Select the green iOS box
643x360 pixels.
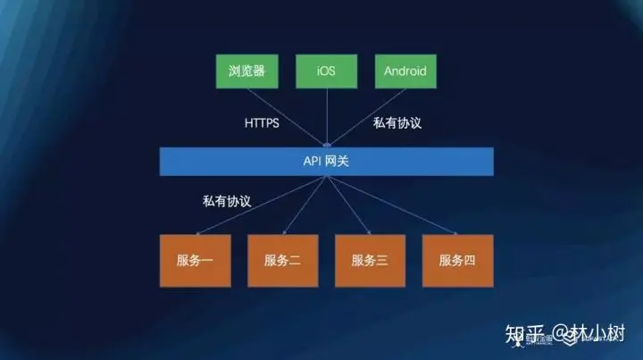[326, 71]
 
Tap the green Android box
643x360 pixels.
[405, 71]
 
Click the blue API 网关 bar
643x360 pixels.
[326, 161]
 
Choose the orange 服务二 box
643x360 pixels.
[282, 261]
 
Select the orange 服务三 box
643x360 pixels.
[370, 261]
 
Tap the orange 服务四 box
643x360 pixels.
[457, 261]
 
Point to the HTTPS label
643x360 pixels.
[262, 122]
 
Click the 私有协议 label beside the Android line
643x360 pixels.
[397, 122]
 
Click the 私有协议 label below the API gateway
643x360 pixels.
[227, 201]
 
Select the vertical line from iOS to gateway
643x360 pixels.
[327, 115]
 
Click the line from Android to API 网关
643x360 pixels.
[366, 115]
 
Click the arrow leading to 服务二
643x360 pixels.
[305, 205]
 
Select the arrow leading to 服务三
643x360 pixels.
[347, 205]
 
